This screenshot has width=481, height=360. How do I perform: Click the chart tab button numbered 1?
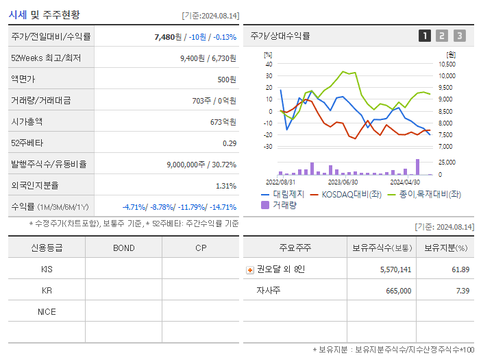click(425, 36)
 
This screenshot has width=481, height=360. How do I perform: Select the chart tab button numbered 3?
click(459, 36)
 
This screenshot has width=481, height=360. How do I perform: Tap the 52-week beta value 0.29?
click(230, 143)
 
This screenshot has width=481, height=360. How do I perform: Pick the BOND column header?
click(123, 248)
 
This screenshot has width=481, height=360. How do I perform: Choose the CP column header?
click(200, 248)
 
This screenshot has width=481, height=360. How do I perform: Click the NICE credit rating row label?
click(47, 311)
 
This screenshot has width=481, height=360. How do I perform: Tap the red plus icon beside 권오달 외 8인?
click(249, 269)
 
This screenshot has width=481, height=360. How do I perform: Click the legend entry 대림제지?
click(288, 194)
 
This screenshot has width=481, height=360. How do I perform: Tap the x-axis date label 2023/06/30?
click(343, 182)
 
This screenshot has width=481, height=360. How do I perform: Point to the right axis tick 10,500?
click(446, 64)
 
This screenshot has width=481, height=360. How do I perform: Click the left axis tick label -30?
click(268, 146)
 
